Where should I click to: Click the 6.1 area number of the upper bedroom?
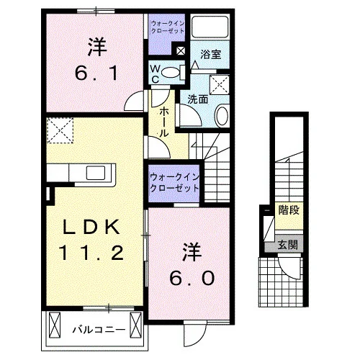click(96, 73)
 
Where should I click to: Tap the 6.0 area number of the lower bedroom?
click(192, 278)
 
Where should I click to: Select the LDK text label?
click(91, 227)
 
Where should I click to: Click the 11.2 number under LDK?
click(91, 253)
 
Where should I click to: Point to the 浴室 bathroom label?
click(211, 55)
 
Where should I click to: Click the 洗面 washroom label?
click(198, 99)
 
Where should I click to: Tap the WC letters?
click(156, 74)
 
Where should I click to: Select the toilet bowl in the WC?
click(171, 73)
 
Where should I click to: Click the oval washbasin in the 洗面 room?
click(222, 116)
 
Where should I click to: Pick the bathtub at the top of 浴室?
click(210, 27)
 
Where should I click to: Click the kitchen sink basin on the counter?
click(96, 173)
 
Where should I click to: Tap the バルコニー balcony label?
click(99, 330)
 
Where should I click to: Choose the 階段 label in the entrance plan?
click(289, 210)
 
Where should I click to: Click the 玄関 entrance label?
click(287, 245)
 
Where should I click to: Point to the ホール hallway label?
click(163, 122)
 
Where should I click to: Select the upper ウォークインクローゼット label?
click(168, 27)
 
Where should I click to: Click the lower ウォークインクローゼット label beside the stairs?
click(174, 183)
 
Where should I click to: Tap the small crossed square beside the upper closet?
click(181, 50)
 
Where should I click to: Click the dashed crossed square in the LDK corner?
click(60, 130)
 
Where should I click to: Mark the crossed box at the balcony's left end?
click(54, 325)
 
